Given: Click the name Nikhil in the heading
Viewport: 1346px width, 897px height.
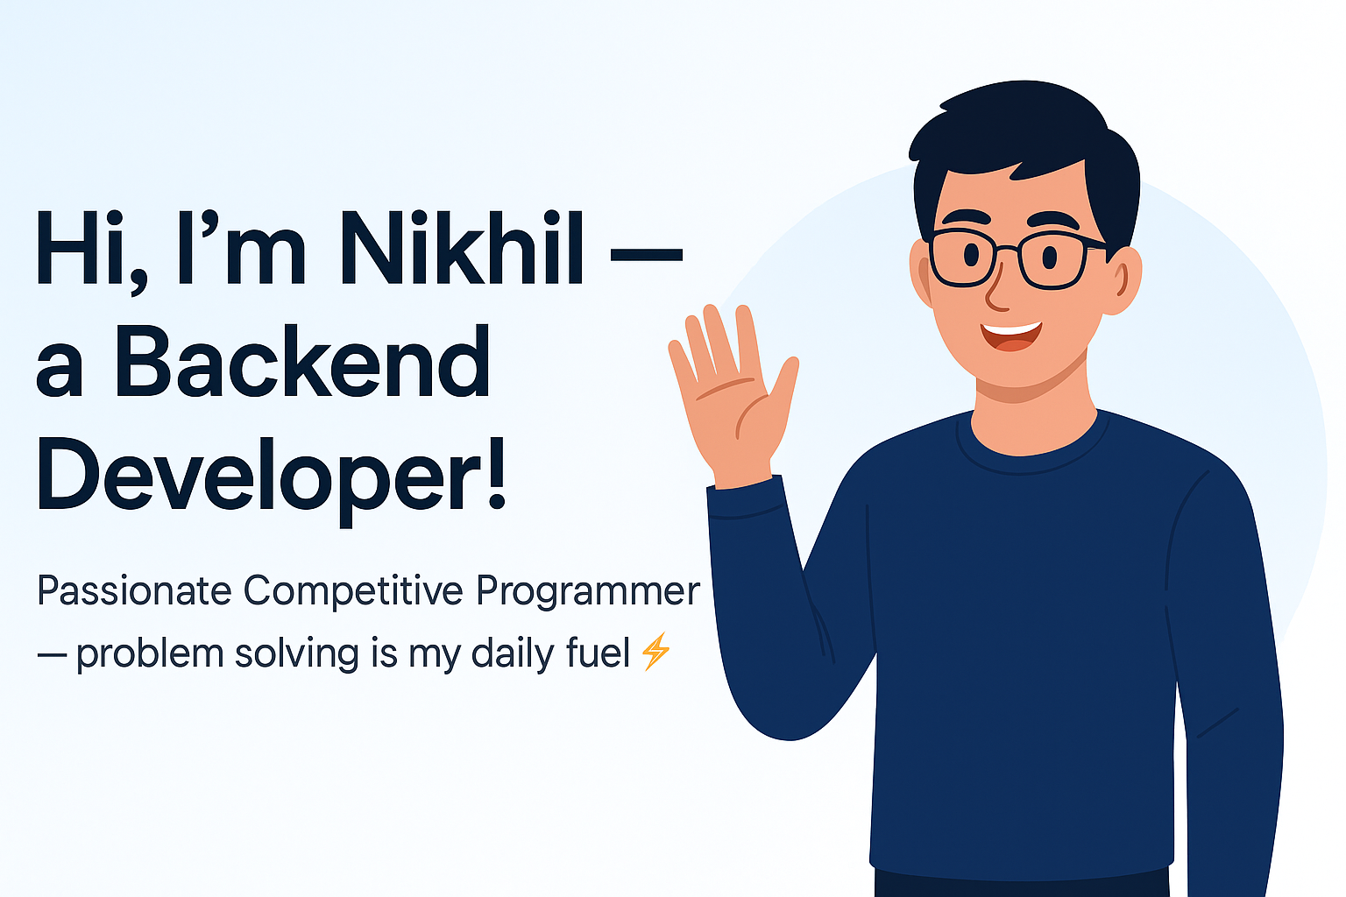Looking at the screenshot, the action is coord(462,247).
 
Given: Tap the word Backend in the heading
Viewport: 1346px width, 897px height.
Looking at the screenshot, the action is coord(302,361).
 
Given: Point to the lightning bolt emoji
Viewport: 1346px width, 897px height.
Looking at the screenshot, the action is coord(655,651).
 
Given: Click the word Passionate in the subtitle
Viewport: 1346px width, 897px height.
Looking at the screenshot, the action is coord(134,591).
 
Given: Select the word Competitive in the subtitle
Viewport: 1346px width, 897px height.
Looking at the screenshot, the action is coord(353,591).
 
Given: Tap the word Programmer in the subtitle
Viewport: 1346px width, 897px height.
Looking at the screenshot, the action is coord(588,591).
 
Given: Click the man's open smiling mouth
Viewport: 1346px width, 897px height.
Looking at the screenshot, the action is coord(1010,335).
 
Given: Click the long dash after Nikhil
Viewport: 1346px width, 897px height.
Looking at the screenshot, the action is coord(646,254).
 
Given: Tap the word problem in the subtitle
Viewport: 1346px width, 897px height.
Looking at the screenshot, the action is coord(150,654).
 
